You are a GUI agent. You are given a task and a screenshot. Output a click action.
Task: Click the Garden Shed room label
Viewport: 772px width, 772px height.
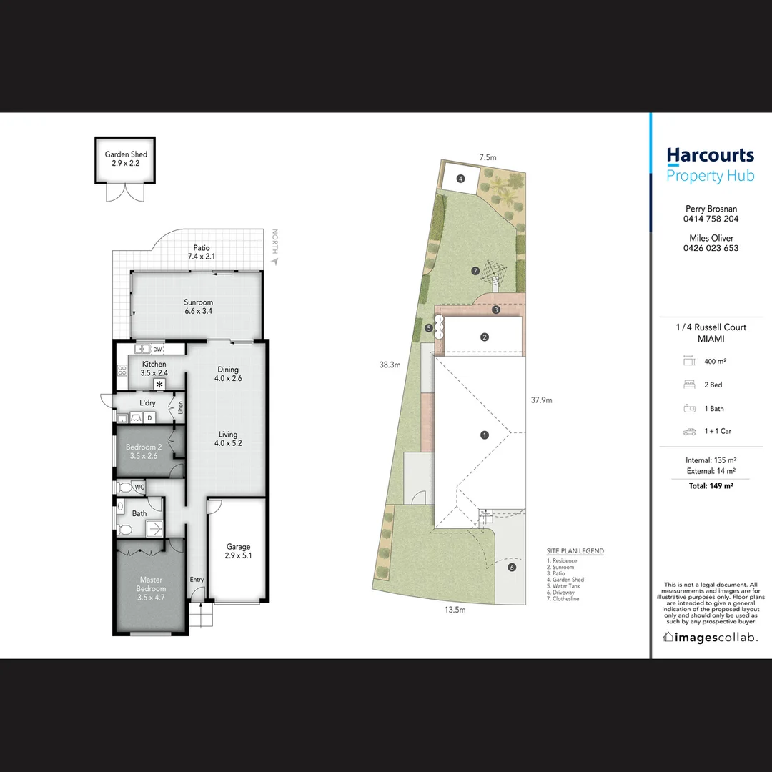126,154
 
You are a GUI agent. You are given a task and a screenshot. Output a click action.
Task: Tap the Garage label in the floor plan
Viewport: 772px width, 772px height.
238,547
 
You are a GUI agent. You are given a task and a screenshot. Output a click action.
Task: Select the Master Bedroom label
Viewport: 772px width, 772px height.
151,584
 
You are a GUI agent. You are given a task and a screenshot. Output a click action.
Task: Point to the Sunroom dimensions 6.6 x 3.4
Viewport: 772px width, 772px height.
199,311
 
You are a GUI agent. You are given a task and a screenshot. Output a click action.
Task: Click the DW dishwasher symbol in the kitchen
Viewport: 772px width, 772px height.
157,350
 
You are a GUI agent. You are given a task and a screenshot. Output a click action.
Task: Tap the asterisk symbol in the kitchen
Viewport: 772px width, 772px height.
159,384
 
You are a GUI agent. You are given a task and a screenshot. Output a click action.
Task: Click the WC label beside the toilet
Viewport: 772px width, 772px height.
139,488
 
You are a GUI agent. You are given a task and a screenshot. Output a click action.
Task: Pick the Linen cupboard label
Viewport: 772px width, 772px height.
181,407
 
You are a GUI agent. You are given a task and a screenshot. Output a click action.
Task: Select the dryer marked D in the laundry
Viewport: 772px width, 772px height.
149,418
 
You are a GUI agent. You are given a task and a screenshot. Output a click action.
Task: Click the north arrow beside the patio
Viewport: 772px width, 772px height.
274,262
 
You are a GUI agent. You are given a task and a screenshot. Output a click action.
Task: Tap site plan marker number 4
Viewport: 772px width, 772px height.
460,179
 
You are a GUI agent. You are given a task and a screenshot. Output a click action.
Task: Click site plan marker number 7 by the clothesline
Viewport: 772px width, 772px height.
475,271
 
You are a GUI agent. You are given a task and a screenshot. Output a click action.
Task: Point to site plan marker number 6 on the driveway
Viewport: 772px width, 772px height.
512,567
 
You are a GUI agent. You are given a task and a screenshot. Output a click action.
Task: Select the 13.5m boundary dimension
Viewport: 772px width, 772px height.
455,610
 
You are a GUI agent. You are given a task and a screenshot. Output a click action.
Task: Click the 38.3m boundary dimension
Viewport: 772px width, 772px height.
390,365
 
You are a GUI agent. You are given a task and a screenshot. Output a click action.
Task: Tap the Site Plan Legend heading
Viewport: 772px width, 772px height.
575,551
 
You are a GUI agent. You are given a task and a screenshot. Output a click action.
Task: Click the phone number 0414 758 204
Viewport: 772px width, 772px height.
711,219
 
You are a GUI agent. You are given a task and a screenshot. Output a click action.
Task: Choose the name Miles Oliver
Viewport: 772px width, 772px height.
711,238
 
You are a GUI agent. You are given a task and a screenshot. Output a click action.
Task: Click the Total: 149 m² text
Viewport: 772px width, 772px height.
711,485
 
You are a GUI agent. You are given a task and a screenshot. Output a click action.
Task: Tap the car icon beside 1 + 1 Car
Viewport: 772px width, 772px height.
689,432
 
